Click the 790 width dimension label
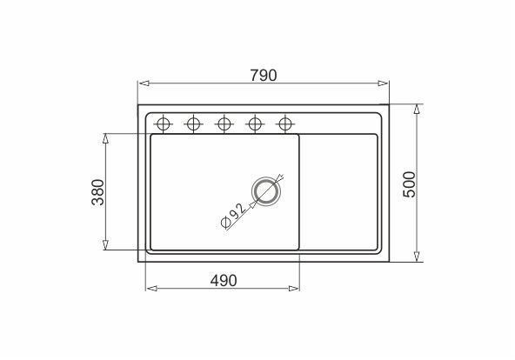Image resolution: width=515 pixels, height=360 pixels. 264,76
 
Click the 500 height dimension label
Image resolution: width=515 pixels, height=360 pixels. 409,184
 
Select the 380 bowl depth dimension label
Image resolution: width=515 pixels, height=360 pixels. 98,192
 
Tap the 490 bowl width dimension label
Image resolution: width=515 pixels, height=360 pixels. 224,281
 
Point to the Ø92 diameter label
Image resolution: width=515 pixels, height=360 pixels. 233,216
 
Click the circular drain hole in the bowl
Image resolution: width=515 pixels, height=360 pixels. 265,191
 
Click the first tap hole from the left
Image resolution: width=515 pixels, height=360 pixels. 164,124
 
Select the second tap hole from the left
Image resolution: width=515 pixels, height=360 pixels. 193,124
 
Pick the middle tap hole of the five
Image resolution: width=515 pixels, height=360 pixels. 224,124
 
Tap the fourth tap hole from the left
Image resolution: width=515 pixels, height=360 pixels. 255,124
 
